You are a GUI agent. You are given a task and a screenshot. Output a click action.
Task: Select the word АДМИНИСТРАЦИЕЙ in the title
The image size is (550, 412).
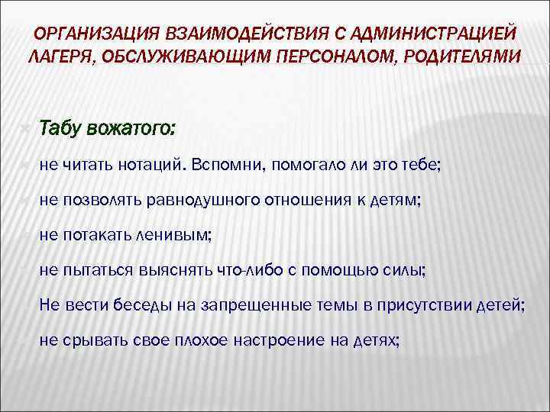click(x=436, y=35)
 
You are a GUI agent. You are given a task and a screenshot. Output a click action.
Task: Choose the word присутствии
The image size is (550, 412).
click(x=415, y=304)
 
